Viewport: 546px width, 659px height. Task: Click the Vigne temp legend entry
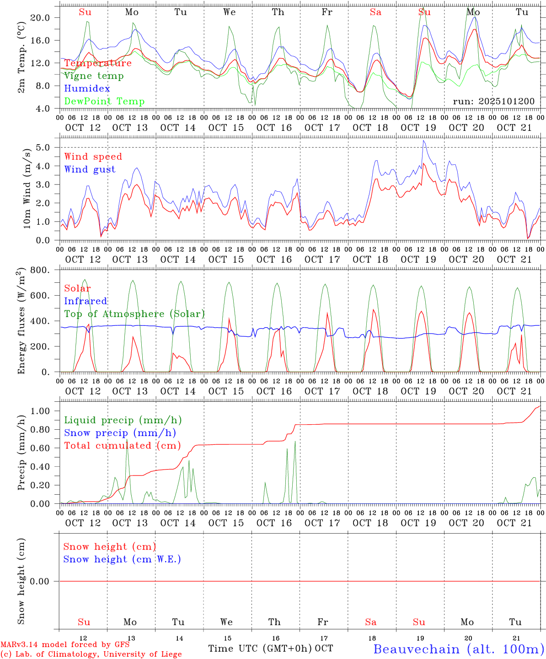click(x=94, y=76)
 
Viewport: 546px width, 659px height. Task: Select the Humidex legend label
click(x=87, y=89)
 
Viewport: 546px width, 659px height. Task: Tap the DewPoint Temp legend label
click(x=104, y=102)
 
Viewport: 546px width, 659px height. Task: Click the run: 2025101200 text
click(x=493, y=101)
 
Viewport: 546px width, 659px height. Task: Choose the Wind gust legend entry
click(x=90, y=169)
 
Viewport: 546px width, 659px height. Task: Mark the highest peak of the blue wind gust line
click(x=424, y=140)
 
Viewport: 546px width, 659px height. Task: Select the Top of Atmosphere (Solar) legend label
click(x=134, y=314)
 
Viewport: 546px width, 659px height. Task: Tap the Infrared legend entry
click(x=86, y=301)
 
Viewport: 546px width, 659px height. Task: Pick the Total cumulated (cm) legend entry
click(x=122, y=446)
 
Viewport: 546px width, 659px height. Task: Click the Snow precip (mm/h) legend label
click(x=120, y=433)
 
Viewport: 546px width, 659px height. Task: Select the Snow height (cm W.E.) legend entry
click(x=122, y=559)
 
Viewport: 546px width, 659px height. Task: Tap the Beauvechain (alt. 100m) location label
click(x=458, y=649)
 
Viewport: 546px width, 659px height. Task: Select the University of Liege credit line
click(x=91, y=654)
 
